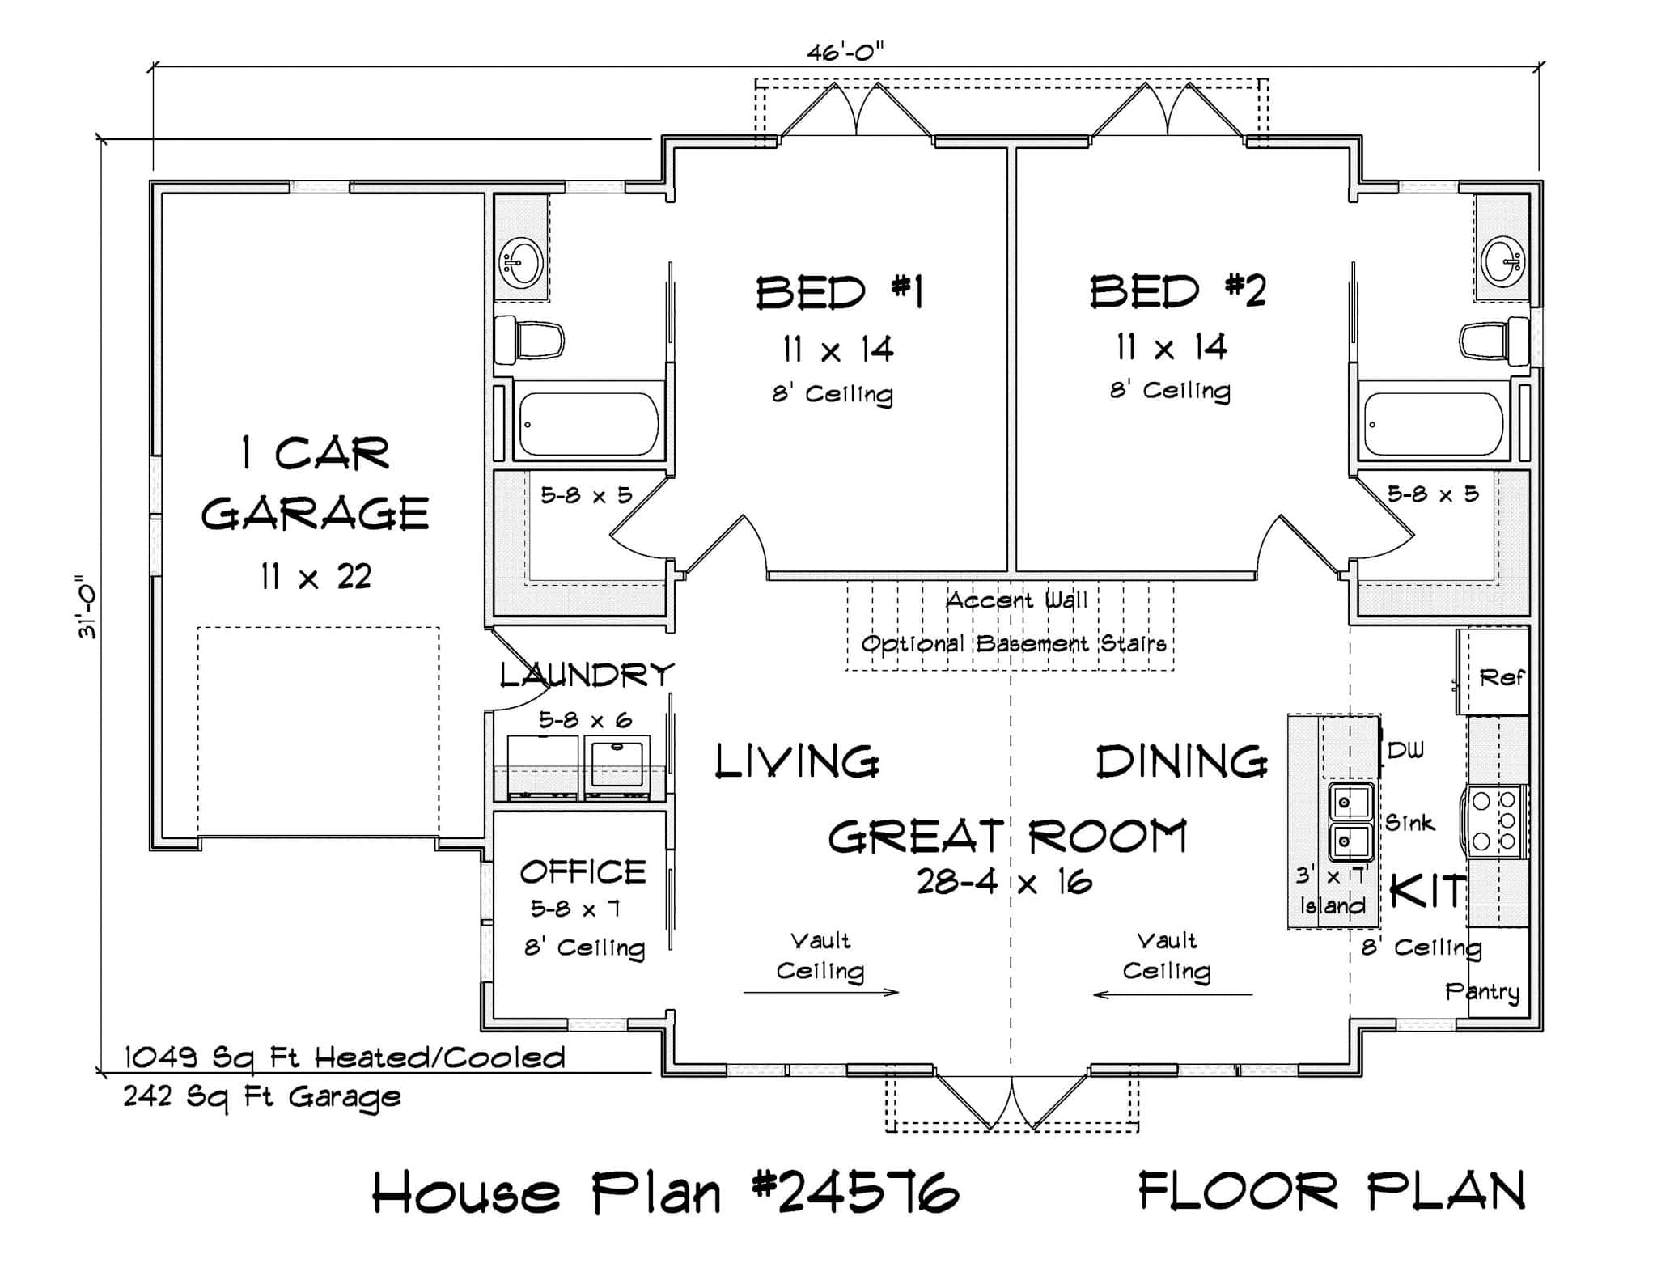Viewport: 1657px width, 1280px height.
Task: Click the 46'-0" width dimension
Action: (x=845, y=53)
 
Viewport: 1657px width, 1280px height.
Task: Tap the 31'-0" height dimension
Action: (x=87, y=607)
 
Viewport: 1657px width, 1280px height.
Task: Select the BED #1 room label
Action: (x=839, y=292)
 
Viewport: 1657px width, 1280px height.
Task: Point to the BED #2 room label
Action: (x=1176, y=291)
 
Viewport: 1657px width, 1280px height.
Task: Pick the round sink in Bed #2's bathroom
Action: (x=1503, y=261)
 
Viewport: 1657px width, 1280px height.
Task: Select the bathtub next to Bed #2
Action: (x=1433, y=424)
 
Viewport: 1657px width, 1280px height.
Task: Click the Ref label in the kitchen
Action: (x=1501, y=677)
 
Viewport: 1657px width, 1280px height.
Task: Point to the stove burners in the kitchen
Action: (x=1494, y=821)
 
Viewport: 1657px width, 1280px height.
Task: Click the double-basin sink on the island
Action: (x=1350, y=822)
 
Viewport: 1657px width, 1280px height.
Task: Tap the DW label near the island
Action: (x=1405, y=751)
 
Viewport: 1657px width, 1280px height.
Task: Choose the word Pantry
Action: (x=1482, y=991)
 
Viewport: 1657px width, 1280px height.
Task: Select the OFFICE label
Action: (x=583, y=872)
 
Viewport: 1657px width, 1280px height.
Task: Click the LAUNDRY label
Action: (x=586, y=674)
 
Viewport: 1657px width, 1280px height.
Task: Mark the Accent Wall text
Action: (x=1016, y=600)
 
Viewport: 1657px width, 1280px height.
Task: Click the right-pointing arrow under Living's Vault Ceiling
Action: (x=821, y=992)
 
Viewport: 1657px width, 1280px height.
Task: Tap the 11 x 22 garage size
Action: (x=316, y=577)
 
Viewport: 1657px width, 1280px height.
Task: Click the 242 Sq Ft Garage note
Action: (x=261, y=1097)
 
